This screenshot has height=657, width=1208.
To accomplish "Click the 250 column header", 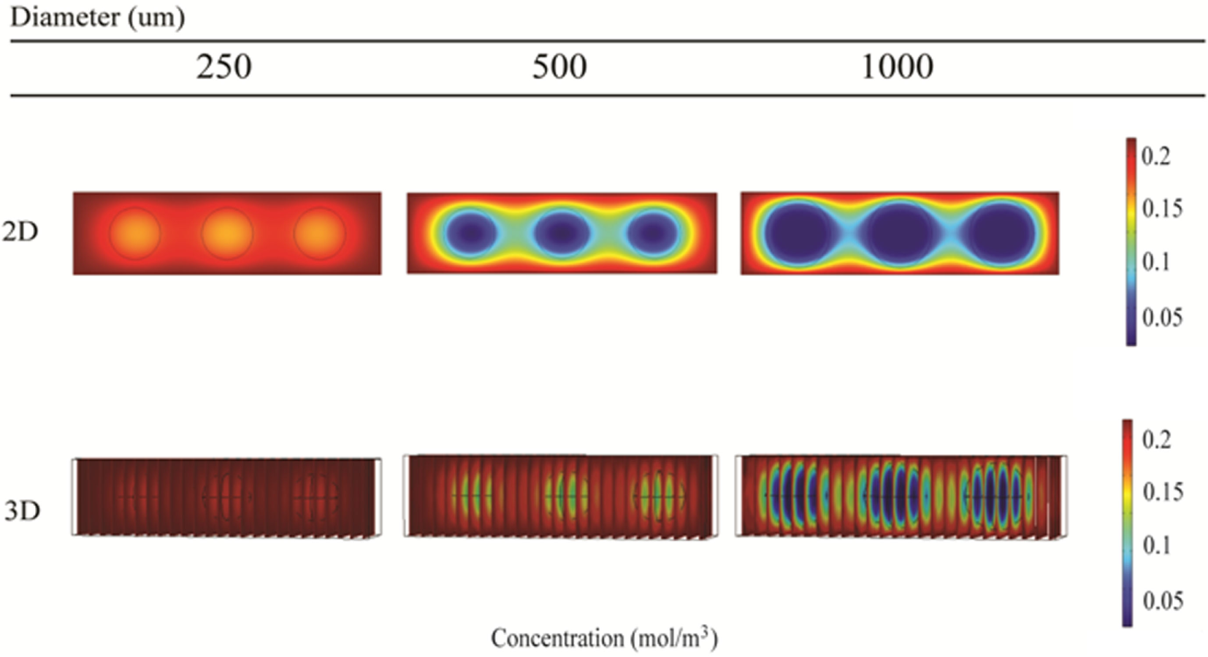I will point(223,67).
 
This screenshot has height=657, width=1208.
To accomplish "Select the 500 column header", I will point(559,67).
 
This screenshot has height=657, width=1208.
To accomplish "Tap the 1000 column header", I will point(897,67).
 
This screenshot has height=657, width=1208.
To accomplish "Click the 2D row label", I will point(20,231).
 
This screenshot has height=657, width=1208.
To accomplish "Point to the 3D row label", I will point(22,510).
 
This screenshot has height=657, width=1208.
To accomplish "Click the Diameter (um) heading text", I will point(97,16).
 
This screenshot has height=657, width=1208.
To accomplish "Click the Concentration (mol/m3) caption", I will point(604,638).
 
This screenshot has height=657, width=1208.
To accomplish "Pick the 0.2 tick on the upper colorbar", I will point(1155,156).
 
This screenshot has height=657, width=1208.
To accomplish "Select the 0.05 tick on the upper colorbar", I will point(1162,318).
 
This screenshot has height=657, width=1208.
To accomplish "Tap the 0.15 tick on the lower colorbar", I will point(1163,492).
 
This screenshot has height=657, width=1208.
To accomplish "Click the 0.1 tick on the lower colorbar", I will point(1156,545).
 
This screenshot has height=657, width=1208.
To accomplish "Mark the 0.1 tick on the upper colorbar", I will point(1155,261).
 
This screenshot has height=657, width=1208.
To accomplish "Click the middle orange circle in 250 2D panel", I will point(227,234).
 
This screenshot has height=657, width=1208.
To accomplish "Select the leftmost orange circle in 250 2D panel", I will point(135,234).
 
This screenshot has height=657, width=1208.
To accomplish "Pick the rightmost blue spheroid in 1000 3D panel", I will point(997,496).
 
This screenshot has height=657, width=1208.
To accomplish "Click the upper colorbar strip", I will point(1131,241).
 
